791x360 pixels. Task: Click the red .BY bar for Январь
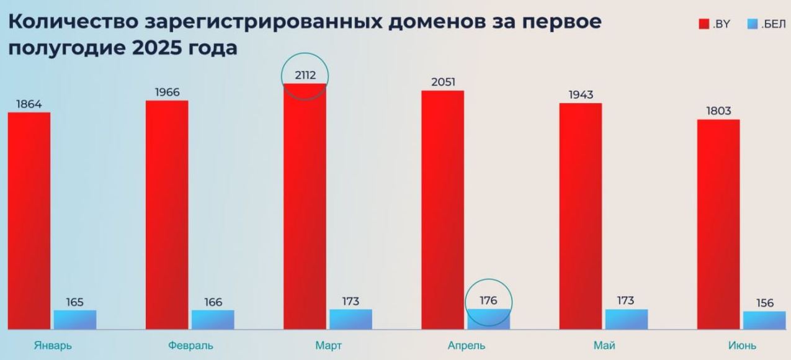point(29,220)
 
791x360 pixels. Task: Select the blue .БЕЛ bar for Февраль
point(213,320)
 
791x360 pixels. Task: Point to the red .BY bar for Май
point(581,216)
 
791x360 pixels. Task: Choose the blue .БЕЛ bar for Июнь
point(764,320)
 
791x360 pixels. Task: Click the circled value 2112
point(305,76)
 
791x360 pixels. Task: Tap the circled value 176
point(488,301)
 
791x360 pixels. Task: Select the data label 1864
point(29,104)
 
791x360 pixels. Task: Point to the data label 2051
point(443,83)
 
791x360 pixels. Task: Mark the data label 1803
point(718,111)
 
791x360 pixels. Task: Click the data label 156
point(765,303)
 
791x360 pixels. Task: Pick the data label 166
point(213,302)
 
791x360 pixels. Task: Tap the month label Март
point(328,346)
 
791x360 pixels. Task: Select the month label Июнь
point(742,346)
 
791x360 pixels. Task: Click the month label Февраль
point(190,346)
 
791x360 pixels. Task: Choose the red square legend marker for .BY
point(704,24)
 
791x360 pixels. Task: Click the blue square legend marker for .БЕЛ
point(753,24)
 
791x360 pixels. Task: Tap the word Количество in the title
point(74,21)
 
